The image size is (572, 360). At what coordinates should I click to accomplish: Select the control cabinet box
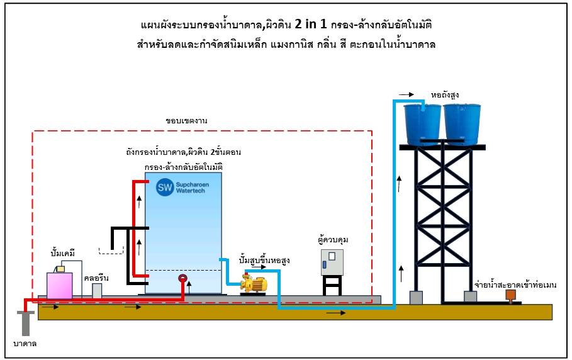tap(332, 263)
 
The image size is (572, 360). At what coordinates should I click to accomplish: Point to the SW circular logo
tap(165, 187)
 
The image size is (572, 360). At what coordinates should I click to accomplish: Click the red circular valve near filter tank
tap(182, 279)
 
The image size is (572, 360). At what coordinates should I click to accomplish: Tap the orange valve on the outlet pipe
tap(510, 293)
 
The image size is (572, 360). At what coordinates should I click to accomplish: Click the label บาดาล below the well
tap(26, 344)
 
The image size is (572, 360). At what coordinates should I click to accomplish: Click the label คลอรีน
tap(96, 277)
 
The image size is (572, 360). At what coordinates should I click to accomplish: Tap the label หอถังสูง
tap(444, 94)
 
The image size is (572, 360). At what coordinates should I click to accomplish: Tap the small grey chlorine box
tap(97, 290)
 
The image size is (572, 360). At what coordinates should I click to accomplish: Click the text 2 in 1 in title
tap(316, 26)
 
